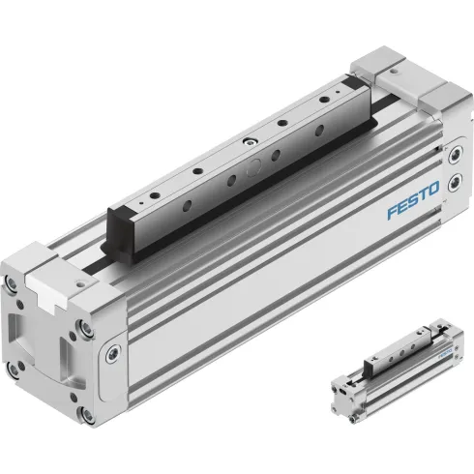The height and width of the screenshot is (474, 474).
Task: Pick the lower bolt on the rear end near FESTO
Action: click(457, 206)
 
